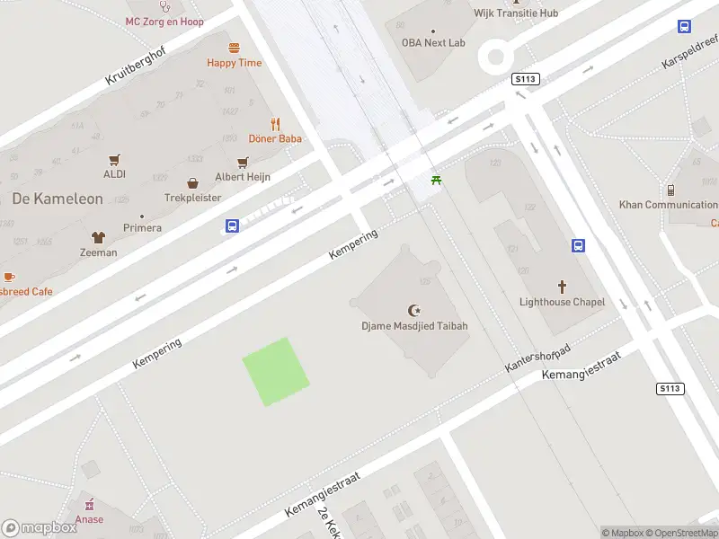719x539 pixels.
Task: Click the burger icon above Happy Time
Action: point(235,48)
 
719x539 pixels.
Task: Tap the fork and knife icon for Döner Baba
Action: point(276,124)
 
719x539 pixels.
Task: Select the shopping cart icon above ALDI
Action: point(114,160)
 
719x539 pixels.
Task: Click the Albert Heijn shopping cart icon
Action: point(243,163)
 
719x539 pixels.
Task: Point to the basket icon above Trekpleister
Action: point(192,182)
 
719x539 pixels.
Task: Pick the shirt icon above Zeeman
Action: point(98,237)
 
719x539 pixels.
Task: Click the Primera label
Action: point(142,228)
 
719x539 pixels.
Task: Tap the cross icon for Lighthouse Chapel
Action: point(563,287)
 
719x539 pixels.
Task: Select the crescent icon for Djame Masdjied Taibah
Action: point(414,310)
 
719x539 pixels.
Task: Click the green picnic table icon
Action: point(437,181)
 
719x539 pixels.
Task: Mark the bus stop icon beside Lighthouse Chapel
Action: point(578,245)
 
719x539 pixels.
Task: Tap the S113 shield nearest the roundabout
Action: point(525,79)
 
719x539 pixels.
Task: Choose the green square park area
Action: point(276,371)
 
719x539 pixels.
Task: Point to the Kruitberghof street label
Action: point(136,65)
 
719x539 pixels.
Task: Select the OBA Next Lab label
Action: point(433,43)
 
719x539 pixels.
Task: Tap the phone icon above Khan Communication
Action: point(670,190)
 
